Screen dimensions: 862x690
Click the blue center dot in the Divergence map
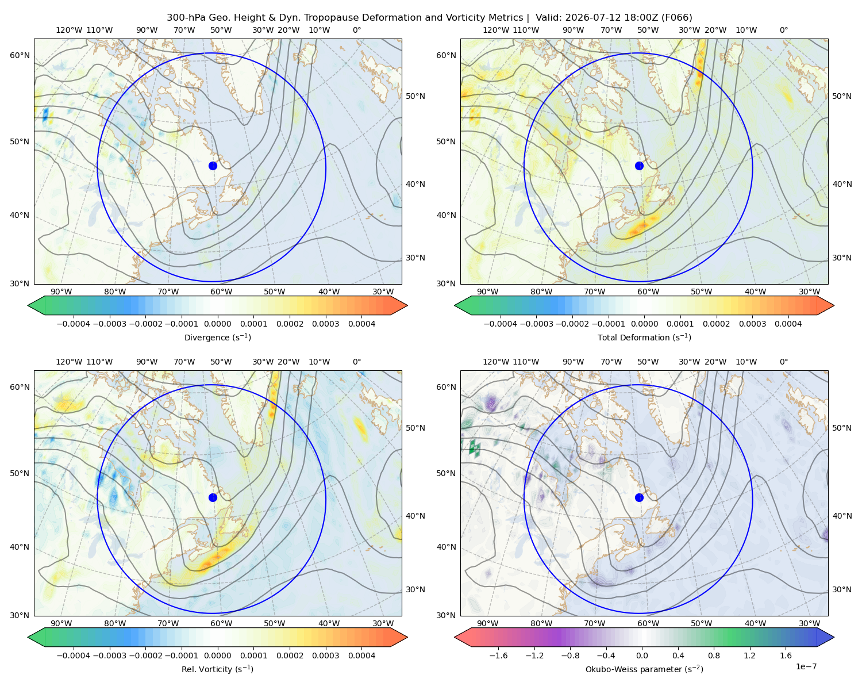(x=213, y=166)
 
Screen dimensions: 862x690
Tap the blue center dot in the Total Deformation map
(x=639, y=166)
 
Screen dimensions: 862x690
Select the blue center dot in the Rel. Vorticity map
(x=213, y=497)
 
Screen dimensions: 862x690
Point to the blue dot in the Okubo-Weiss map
(x=639, y=497)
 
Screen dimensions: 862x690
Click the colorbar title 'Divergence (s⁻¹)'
(x=217, y=337)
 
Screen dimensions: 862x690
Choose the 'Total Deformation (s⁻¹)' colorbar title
(x=644, y=337)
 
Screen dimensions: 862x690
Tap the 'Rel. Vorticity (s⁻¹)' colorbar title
(x=217, y=669)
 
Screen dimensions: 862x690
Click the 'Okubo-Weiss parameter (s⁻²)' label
(x=644, y=669)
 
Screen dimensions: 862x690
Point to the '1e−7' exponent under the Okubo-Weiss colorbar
(x=806, y=666)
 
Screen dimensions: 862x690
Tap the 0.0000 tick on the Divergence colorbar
(x=217, y=324)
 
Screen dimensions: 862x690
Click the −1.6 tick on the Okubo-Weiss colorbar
(x=499, y=655)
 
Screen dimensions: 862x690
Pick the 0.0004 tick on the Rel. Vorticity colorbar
(x=361, y=655)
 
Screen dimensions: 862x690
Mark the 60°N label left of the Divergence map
(x=20, y=55)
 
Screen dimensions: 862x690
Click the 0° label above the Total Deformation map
(x=783, y=30)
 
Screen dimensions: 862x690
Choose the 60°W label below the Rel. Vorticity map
(x=221, y=623)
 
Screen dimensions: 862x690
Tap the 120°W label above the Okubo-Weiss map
(x=495, y=362)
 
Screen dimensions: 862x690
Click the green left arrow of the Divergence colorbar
(x=36, y=305)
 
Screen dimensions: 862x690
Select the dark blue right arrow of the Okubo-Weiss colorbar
(x=825, y=637)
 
